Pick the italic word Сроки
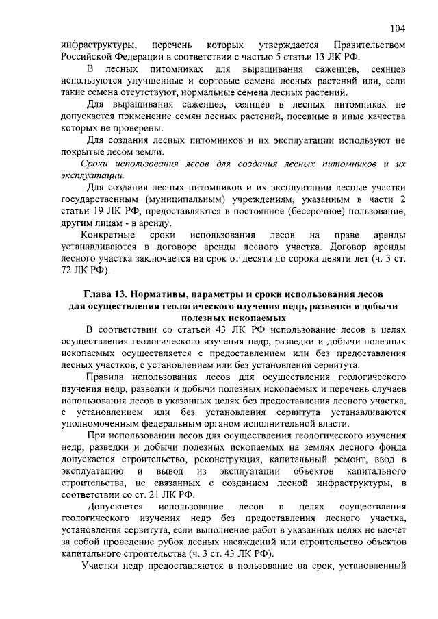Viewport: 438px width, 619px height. (96, 164)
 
